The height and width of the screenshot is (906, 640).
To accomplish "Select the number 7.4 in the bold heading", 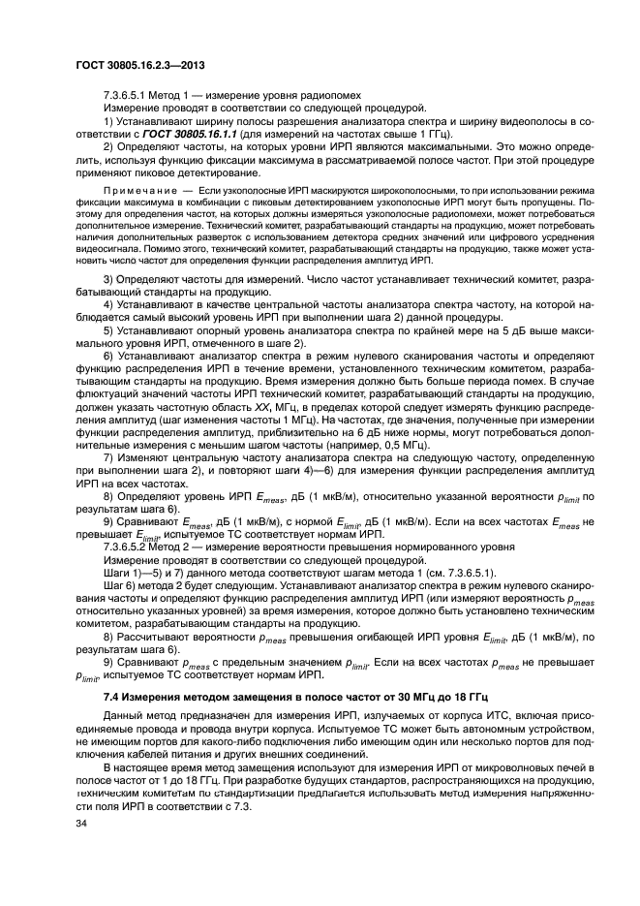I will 110,698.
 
